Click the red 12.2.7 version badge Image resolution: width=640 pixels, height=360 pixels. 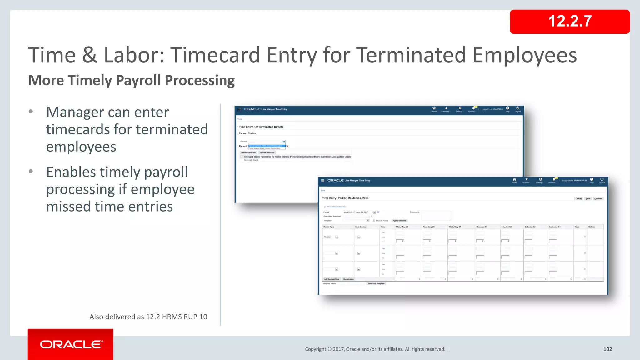569,22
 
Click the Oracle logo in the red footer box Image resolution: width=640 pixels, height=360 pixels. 71,344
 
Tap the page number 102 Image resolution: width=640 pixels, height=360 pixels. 607,349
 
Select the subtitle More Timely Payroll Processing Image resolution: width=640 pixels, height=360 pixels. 131,80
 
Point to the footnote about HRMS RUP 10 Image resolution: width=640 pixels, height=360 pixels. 148,317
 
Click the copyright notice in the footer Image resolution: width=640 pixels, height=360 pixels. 375,349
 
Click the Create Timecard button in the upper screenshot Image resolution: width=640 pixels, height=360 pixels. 248,152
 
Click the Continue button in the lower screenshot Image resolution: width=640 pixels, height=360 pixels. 598,199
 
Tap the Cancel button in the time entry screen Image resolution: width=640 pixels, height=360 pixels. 578,199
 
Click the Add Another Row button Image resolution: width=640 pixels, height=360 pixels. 331,279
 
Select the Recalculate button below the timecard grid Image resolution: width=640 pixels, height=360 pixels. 348,279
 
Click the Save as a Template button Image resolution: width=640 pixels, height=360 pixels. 376,284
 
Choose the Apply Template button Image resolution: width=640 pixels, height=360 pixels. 399,221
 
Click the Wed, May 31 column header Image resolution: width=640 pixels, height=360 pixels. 455,227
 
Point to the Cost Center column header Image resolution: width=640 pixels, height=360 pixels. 361,227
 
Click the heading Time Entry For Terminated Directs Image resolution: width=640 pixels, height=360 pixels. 261,127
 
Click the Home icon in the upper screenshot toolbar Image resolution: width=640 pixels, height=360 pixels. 434,108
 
